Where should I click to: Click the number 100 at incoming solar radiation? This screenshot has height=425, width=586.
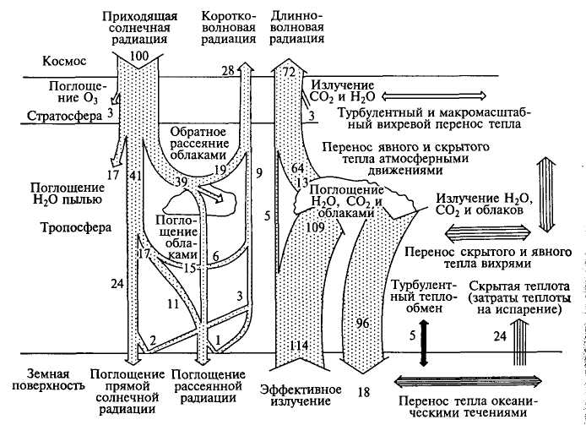(140, 56)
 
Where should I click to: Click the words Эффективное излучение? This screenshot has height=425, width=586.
(301, 395)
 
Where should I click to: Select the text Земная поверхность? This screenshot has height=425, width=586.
(44, 380)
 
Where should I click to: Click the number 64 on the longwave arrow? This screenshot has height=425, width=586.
(296, 169)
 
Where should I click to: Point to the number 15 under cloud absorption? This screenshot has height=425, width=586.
(189, 268)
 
